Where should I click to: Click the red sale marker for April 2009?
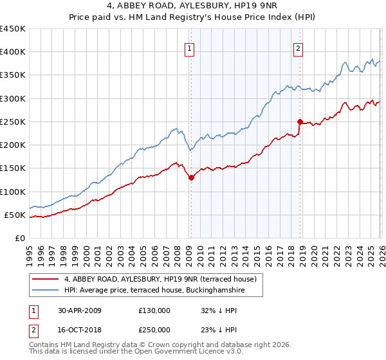click(x=191, y=178)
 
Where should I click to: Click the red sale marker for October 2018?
click(x=300, y=122)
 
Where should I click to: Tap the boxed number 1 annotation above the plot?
click(x=190, y=48)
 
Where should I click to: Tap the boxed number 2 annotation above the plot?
click(x=299, y=48)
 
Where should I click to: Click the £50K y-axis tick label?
click(x=15, y=215)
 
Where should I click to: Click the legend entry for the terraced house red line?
click(x=160, y=279)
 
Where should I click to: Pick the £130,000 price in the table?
click(x=154, y=310)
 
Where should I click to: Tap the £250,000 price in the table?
click(x=154, y=329)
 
